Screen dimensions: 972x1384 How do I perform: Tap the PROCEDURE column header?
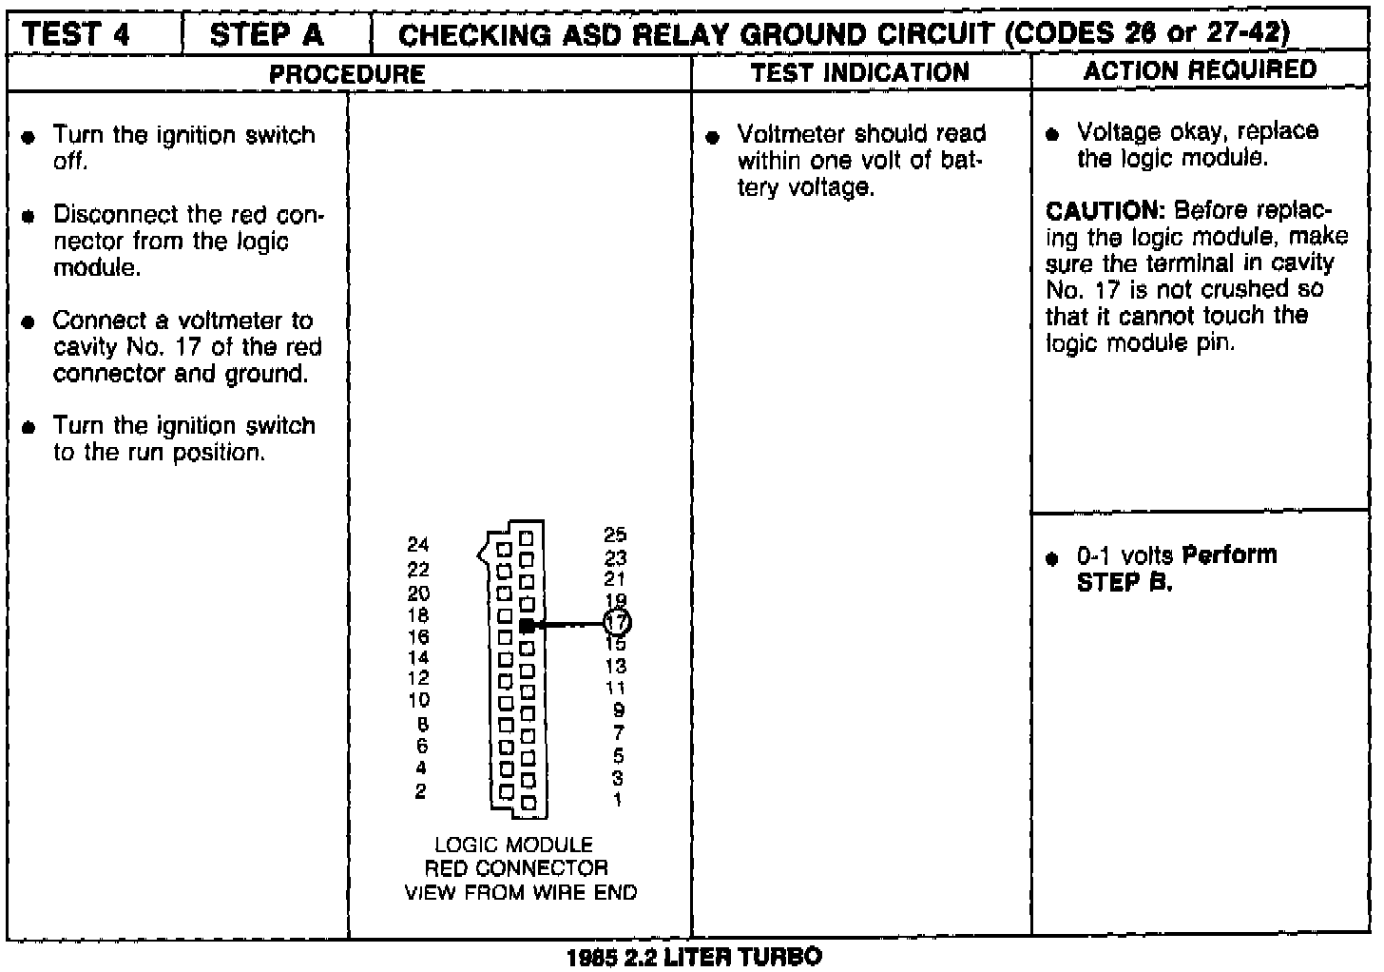click(x=347, y=73)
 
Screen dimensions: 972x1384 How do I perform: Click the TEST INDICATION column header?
click(x=859, y=72)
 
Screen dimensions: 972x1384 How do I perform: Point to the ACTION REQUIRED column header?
click(x=1200, y=69)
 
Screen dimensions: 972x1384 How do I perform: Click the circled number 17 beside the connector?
click(x=617, y=623)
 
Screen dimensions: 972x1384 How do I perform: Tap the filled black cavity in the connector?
click(x=527, y=625)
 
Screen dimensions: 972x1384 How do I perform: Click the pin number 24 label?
click(x=418, y=545)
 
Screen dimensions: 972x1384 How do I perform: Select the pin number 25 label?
click(x=615, y=536)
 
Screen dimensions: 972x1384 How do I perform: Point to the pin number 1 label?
click(x=618, y=800)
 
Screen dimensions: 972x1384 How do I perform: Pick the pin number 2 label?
click(x=420, y=791)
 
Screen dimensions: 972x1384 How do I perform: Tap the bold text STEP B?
click(x=1124, y=582)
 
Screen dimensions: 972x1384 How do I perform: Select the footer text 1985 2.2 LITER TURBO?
click(x=694, y=957)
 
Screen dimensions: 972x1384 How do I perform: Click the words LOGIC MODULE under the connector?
click(x=513, y=845)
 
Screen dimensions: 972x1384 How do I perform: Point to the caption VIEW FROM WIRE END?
click(x=521, y=892)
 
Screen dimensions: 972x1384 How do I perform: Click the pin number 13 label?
click(x=615, y=667)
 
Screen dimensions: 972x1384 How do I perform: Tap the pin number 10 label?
click(x=418, y=701)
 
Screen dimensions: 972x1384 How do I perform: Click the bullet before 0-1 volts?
click(x=1051, y=559)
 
